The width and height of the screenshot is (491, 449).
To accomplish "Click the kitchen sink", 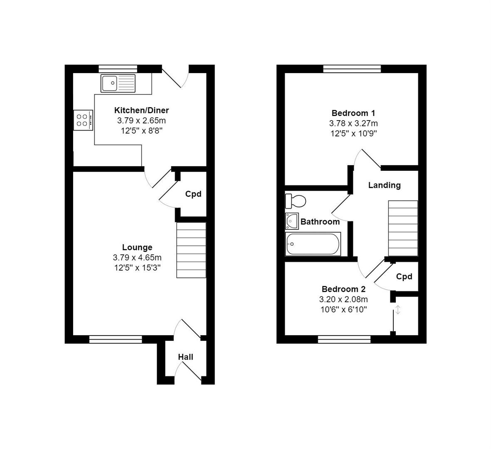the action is tap(118, 83).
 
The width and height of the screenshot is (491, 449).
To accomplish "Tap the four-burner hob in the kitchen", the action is tap(83, 120).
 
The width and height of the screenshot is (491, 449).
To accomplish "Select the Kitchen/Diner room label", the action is tap(141, 110).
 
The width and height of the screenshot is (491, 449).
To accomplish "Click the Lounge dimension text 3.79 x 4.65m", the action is tap(137, 258).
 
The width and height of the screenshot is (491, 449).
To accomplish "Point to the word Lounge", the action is tap(137, 248).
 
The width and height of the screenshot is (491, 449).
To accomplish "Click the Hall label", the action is tap(186, 357).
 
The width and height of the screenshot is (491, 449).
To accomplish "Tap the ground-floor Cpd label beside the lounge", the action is tap(193, 194).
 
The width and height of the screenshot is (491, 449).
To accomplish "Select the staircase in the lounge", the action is tap(191, 250).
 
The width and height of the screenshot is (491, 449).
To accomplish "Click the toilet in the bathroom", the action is tap(295, 201).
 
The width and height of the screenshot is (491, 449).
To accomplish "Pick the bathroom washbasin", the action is tap(292, 221).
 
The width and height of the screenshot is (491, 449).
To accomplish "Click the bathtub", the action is tap(313, 244).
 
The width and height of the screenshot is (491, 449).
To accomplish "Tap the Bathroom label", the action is tap(320, 222).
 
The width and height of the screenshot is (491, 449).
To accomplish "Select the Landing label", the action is tap(384, 185).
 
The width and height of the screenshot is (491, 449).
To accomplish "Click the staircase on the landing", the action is tap(403, 228).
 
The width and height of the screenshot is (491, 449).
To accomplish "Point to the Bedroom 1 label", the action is tap(353, 113).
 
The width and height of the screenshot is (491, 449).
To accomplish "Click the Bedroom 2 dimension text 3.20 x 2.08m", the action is tap(343, 300).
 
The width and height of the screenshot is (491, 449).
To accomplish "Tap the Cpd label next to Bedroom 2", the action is tap(404, 277).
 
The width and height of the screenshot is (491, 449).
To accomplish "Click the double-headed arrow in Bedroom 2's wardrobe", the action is tap(398, 310).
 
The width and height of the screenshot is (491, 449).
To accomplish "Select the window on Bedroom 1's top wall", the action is tap(352, 69).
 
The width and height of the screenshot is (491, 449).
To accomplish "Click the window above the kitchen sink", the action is tap(118, 69).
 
